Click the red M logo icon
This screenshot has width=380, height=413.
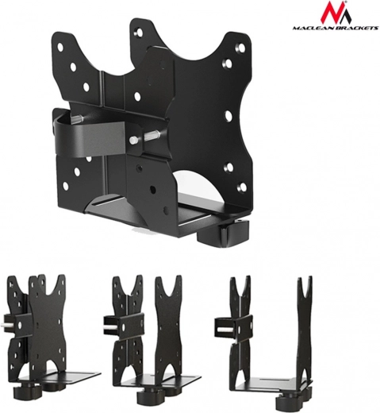click(336, 13)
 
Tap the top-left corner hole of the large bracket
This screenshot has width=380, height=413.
click(60, 47)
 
